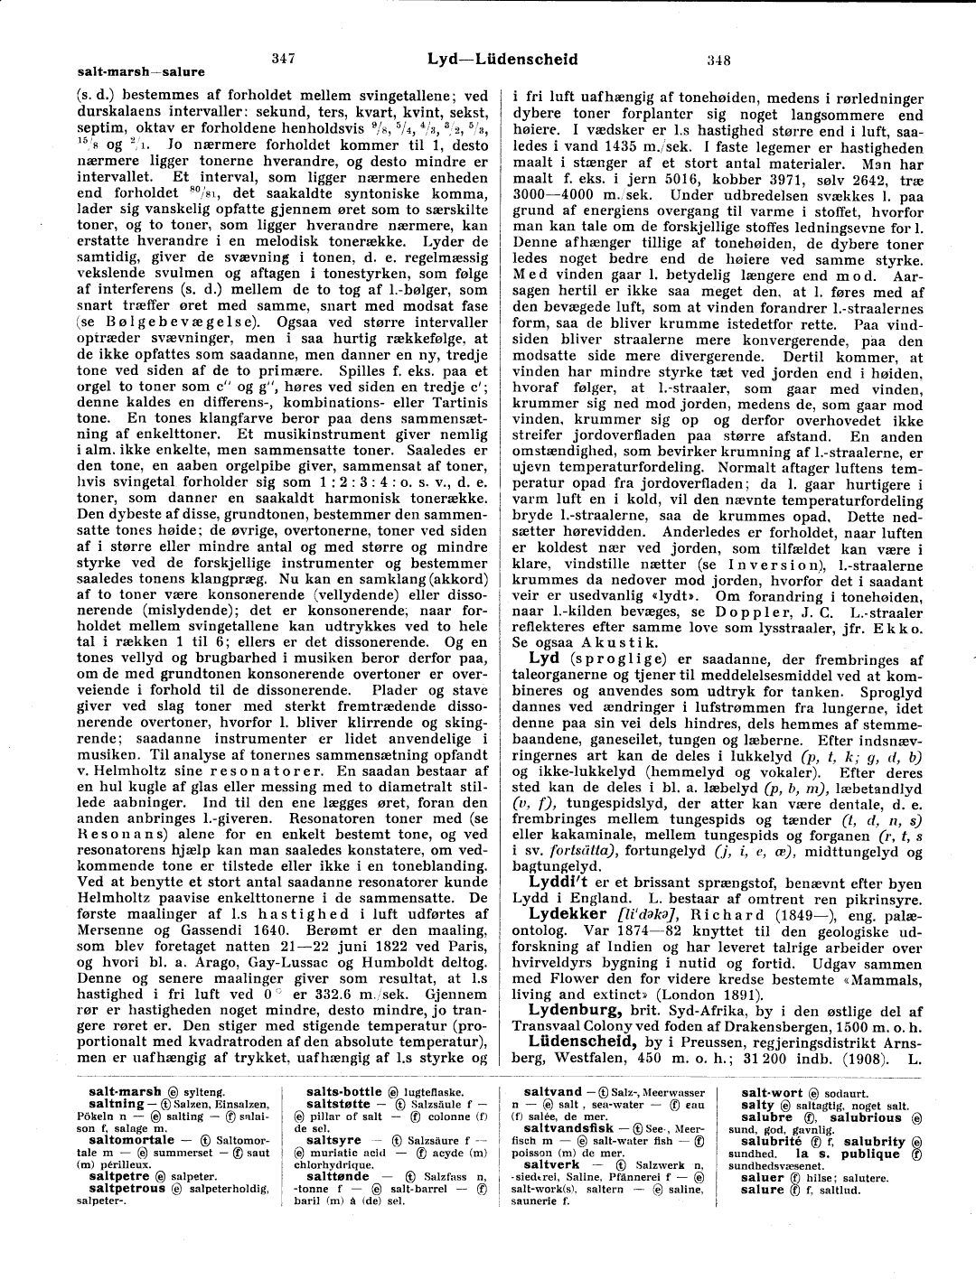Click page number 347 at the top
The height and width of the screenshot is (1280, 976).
[x=284, y=59]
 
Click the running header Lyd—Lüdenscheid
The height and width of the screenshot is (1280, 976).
[x=502, y=59]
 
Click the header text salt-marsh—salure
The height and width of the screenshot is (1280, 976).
[x=141, y=71]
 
